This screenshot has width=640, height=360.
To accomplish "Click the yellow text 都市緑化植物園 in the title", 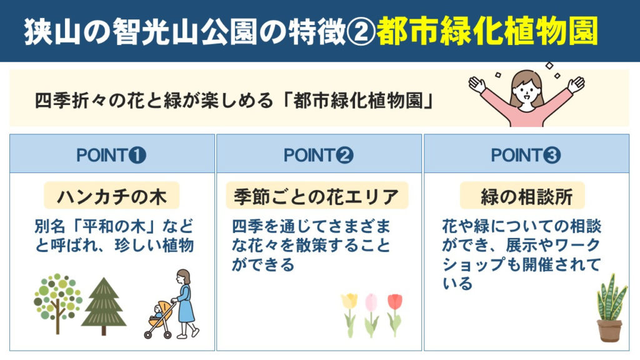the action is pyautogui.click(x=487, y=31).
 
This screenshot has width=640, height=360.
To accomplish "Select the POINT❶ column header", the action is pyautogui.click(x=111, y=155).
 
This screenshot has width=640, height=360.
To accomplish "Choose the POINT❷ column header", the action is pyautogui.click(x=319, y=155).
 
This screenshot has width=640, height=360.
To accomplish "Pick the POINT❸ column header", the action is pyautogui.click(x=526, y=155).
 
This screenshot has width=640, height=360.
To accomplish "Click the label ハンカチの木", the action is pyautogui.click(x=112, y=197).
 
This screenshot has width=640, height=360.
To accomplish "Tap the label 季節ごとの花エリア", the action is pyautogui.click(x=317, y=197).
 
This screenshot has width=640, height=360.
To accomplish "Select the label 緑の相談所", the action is pyautogui.click(x=526, y=197).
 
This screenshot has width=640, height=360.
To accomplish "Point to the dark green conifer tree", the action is pyautogui.click(x=104, y=306).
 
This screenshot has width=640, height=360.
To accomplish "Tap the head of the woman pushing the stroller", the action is pyautogui.click(x=184, y=277).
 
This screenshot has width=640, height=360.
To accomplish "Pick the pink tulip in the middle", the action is pyautogui.click(x=371, y=315).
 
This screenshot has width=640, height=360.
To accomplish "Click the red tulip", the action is pyautogui.click(x=395, y=315).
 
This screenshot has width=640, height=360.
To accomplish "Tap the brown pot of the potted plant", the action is pyautogui.click(x=609, y=331).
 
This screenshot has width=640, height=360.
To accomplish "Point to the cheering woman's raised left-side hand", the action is pyautogui.click(x=477, y=84).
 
